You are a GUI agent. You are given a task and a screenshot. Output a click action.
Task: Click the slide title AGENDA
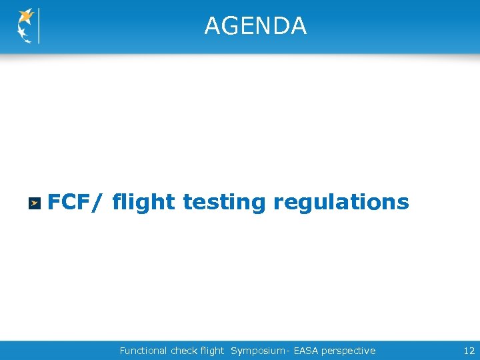click(x=255, y=26)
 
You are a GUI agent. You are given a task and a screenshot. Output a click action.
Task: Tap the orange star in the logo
click(x=27, y=15)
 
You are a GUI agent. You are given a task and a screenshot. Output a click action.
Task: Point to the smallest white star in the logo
click(x=27, y=41)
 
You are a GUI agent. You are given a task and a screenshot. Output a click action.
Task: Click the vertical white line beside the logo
click(x=39, y=26)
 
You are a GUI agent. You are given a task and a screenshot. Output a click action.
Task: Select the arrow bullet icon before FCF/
click(x=34, y=203)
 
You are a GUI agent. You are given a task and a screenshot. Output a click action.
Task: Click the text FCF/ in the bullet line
click(x=72, y=201)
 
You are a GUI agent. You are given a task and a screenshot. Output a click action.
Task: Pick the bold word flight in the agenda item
click(x=144, y=201)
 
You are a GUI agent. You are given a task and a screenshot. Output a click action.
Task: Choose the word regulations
click(x=341, y=201)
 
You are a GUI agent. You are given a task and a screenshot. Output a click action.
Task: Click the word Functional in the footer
click(x=143, y=351)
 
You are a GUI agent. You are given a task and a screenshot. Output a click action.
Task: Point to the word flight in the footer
click(x=212, y=351)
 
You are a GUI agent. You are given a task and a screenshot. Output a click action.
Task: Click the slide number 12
click(x=469, y=351)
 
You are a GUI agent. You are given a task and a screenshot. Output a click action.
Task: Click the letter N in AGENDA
click(x=263, y=26)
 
